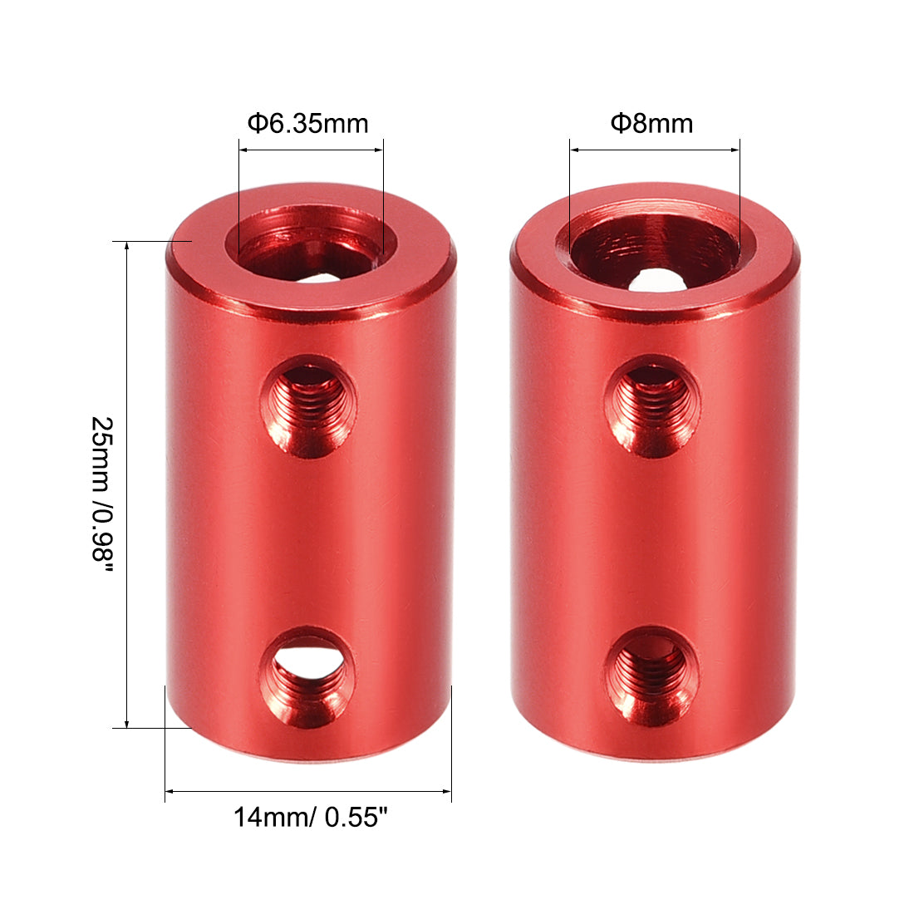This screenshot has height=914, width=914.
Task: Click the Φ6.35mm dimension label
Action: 307,124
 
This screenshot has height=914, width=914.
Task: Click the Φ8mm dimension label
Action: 651,124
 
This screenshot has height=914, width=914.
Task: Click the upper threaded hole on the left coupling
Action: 308,406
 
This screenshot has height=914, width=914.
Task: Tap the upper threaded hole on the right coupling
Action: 651,405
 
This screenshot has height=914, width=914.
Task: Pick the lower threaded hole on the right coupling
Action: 651,674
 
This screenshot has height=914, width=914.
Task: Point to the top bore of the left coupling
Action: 311,249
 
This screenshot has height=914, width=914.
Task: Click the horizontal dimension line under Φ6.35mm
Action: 311,150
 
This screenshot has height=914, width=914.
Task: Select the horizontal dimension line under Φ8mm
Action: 655,150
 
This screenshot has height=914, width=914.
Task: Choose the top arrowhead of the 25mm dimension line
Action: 126,246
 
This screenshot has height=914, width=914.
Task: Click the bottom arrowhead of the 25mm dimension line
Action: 126,724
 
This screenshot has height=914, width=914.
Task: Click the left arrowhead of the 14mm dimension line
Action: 170,791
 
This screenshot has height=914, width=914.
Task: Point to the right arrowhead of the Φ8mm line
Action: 735,150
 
